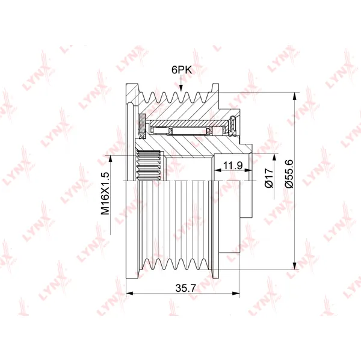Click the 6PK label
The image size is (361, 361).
[x=182, y=70]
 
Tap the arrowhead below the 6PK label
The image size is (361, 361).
[x=181, y=88]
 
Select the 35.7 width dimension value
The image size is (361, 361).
[x=185, y=288]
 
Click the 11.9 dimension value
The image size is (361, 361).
[x=233, y=165]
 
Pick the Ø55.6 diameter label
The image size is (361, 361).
[x=289, y=174]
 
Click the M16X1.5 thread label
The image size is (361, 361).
[x=105, y=193]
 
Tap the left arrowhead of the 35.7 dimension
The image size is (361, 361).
[x=130, y=294]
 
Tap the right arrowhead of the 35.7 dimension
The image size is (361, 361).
[x=236, y=294]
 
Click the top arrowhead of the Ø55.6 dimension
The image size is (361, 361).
[x=294, y=96]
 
